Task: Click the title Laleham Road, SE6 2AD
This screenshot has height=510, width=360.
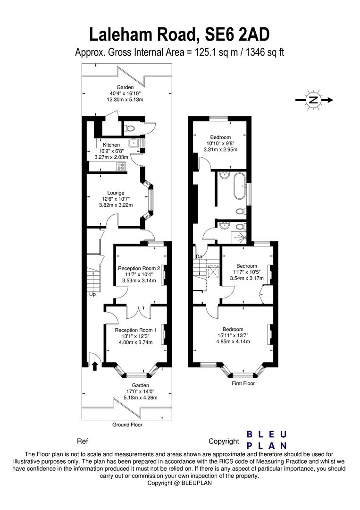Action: click(x=180, y=34)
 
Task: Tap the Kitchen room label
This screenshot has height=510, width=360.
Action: click(x=111, y=145)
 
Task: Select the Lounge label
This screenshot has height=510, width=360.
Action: click(x=116, y=193)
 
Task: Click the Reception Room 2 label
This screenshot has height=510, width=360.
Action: click(x=139, y=268)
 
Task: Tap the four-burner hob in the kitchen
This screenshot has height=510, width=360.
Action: click(x=121, y=166)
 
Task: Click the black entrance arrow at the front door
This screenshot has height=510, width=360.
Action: click(x=95, y=365)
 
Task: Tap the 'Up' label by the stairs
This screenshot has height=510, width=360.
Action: click(x=92, y=294)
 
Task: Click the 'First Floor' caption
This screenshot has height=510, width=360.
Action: click(x=243, y=383)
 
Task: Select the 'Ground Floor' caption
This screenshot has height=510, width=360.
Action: click(x=127, y=425)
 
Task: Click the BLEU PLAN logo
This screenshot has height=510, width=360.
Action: click(x=268, y=440)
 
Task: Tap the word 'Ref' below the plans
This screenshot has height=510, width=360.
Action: click(x=82, y=442)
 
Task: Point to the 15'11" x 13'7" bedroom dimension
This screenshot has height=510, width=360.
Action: click(x=233, y=336)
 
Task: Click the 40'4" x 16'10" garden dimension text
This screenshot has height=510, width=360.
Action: click(x=125, y=93)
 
